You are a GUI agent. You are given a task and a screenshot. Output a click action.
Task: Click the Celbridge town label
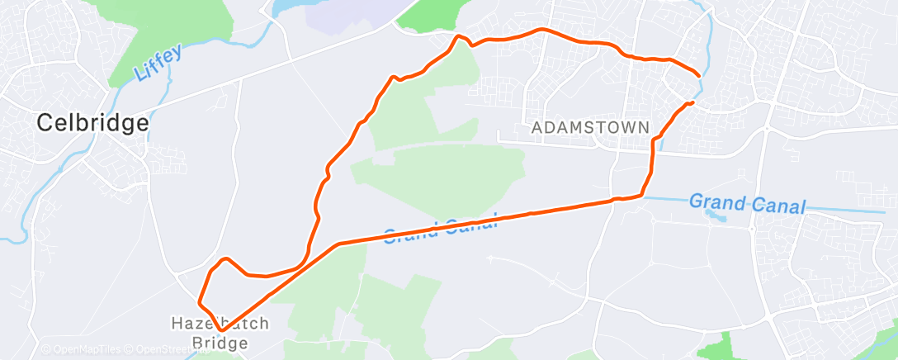tap(92, 124)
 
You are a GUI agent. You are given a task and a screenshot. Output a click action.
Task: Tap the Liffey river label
tap(150, 65)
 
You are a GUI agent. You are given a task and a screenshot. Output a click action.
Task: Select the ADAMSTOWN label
tap(590, 128)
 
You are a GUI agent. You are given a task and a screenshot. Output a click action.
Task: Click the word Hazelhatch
tap(219, 323)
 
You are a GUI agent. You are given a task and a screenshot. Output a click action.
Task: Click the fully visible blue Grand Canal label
tap(746, 203)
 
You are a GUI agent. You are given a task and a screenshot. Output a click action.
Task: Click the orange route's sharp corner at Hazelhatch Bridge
tap(221, 330)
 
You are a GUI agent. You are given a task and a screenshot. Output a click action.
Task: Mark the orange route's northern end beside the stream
tap(700, 76)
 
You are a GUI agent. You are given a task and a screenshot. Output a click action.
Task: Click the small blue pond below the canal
tap(711, 215)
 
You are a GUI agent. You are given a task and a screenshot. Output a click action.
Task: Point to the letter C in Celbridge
tap(46, 124)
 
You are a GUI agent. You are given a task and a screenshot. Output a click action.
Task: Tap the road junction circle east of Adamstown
tap(767, 128)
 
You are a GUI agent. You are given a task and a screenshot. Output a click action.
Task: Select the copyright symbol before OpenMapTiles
tap(46, 350)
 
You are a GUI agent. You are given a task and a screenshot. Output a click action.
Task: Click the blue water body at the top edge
tap(285, 7)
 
